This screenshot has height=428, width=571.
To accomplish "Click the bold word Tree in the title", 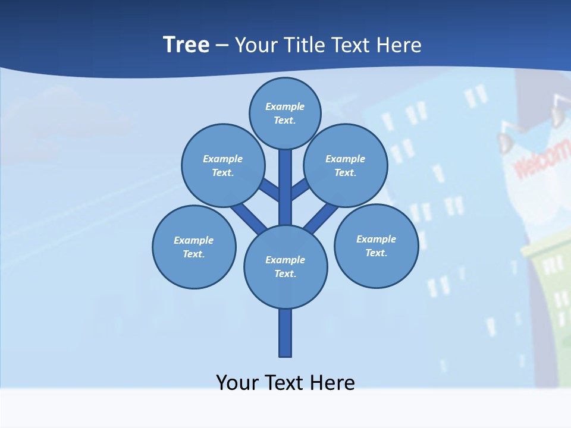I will (186, 45).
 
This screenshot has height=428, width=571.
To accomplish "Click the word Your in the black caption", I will (237, 382).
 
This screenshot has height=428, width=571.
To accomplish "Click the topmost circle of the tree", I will (285, 113).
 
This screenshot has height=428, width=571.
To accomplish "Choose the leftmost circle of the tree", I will (194, 247).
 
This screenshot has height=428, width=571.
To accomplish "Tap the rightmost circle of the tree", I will (376, 246).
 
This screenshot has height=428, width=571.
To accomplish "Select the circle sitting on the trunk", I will (285, 266).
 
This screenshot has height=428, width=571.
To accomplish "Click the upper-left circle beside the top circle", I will (223, 165).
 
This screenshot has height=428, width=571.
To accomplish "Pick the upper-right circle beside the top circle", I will (345, 165).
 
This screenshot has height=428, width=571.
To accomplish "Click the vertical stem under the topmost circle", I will (285, 187).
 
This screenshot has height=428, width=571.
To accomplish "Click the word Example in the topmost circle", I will (285, 106).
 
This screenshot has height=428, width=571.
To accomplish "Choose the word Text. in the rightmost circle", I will (376, 253).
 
